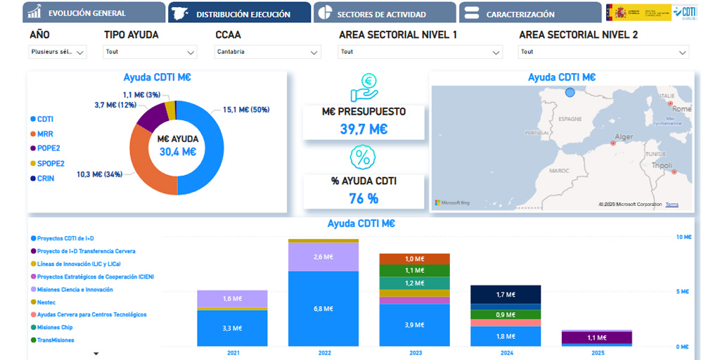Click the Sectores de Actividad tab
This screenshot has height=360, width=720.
point(381,13)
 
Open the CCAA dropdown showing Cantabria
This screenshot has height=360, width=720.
point(267,51)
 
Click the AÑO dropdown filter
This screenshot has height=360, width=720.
point(58,51)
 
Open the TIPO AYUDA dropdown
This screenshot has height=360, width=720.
point(150,51)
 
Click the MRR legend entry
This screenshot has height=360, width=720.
point(45,134)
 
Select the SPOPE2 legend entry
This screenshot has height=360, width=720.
point(50,163)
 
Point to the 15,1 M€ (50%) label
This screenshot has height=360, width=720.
point(245,110)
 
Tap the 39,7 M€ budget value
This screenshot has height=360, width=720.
point(364,129)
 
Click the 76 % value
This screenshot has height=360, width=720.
point(364,198)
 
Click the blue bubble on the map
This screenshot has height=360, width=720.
point(570,92)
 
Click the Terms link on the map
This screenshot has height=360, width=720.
point(672,205)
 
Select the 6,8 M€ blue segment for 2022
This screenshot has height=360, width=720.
point(323,308)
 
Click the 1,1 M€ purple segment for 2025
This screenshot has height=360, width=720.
point(596,338)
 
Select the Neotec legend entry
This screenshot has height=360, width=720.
point(47,302)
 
